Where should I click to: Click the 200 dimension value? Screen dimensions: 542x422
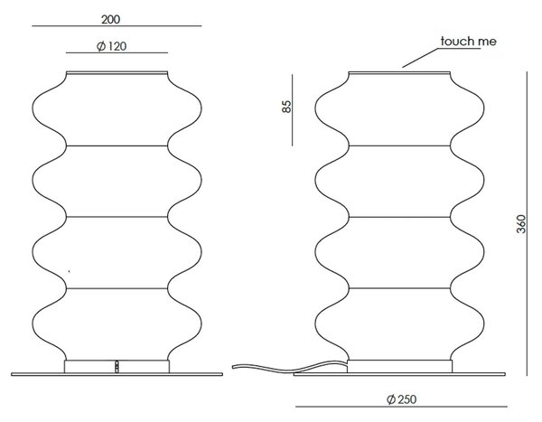pos(110,19)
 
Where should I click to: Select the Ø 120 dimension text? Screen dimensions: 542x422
pos(111,46)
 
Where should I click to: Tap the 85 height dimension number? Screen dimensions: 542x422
pos(286,107)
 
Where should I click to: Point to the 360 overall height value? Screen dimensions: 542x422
pos(521,224)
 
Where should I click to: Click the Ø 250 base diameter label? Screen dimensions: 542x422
pos(402,399)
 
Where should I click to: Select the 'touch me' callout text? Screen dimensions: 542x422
pos(469,42)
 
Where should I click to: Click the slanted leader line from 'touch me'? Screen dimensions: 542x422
pos(420,58)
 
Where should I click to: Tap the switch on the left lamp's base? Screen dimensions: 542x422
pos(117,367)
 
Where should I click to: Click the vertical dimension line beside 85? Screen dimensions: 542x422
pos(293,110)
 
